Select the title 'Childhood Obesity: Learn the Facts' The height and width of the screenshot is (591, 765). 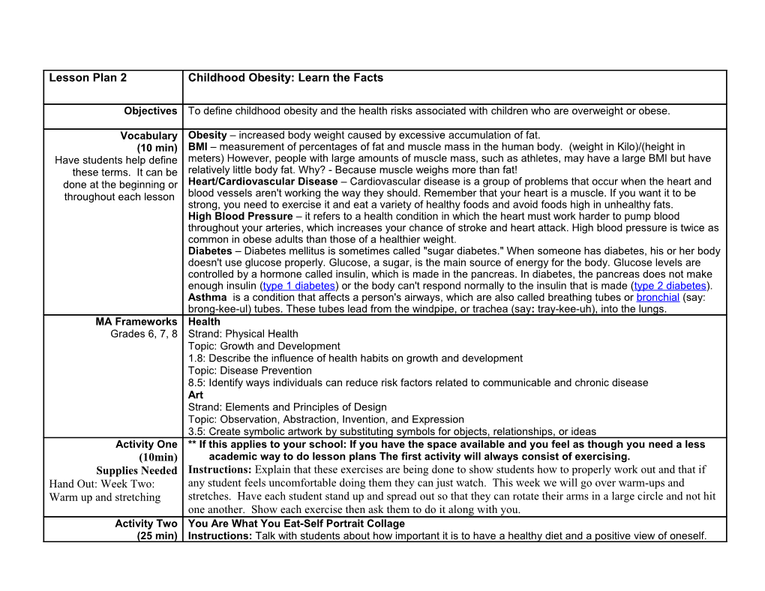(x=285, y=78)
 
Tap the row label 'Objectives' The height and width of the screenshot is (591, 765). (x=150, y=111)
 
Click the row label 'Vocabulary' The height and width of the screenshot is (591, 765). (x=148, y=136)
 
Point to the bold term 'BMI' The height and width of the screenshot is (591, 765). (x=197, y=146)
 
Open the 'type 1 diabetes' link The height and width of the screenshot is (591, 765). (x=298, y=286)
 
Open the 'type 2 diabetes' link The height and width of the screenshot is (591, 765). (x=670, y=286)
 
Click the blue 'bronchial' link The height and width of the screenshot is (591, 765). (x=658, y=298)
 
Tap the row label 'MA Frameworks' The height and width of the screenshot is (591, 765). (x=136, y=322)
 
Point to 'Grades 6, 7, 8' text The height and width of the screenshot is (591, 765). (x=143, y=334)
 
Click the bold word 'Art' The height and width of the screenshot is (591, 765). (x=195, y=394)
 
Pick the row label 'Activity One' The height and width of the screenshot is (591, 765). (x=146, y=444)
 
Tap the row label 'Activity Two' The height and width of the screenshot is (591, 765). (x=146, y=523)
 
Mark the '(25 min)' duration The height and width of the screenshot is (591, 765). (x=157, y=535)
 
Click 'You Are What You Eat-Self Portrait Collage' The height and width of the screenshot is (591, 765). (x=296, y=523)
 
